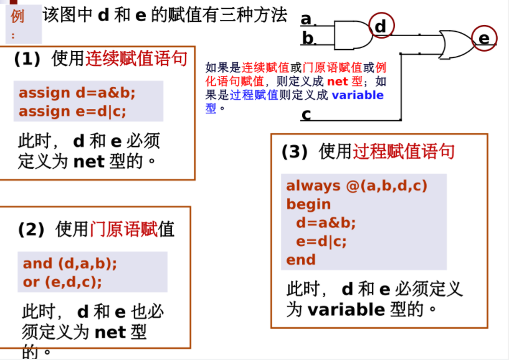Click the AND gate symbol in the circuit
(353, 36)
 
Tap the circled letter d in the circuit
(381, 26)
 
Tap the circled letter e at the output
(484, 39)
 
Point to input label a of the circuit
(306, 19)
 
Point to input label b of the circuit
(308, 39)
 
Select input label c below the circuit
(306, 114)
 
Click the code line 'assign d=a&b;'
(77, 93)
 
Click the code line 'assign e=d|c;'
(72, 111)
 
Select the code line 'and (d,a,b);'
(70, 263)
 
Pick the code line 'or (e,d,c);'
(62, 282)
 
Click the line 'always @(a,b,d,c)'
(356, 186)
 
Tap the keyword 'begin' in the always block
(308, 204)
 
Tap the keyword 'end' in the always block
(300, 260)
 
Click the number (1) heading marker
(27, 59)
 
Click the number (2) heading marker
(31, 230)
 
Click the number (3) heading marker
(295, 151)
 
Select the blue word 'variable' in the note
(358, 95)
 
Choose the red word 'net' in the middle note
(338, 81)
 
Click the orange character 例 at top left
(17, 16)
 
